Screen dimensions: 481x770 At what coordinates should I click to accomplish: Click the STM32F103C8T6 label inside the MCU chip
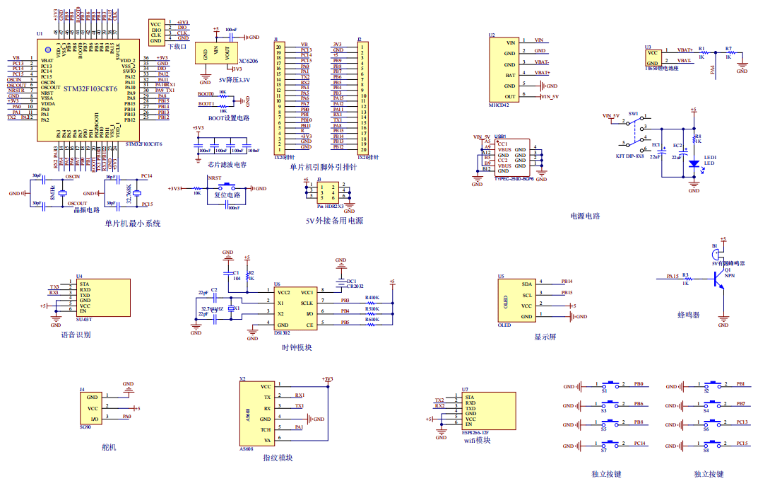(90, 89)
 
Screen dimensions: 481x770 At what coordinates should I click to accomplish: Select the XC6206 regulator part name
(249, 62)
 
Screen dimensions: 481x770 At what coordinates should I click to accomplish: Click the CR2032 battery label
(355, 286)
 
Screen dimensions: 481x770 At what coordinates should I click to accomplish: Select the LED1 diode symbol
(694, 164)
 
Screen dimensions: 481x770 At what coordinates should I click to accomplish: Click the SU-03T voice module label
(85, 320)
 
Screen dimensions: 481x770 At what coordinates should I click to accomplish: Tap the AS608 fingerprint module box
(259, 415)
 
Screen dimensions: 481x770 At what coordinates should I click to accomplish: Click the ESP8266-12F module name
(475, 431)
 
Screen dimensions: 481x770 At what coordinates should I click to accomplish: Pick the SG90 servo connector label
(85, 427)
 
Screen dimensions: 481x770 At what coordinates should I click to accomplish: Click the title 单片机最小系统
(133, 224)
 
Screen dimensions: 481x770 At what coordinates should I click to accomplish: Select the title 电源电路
(585, 216)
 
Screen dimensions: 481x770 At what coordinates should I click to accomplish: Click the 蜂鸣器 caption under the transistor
(688, 315)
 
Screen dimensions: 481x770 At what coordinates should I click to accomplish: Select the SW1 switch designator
(633, 113)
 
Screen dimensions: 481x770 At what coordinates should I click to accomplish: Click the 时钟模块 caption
(297, 347)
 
